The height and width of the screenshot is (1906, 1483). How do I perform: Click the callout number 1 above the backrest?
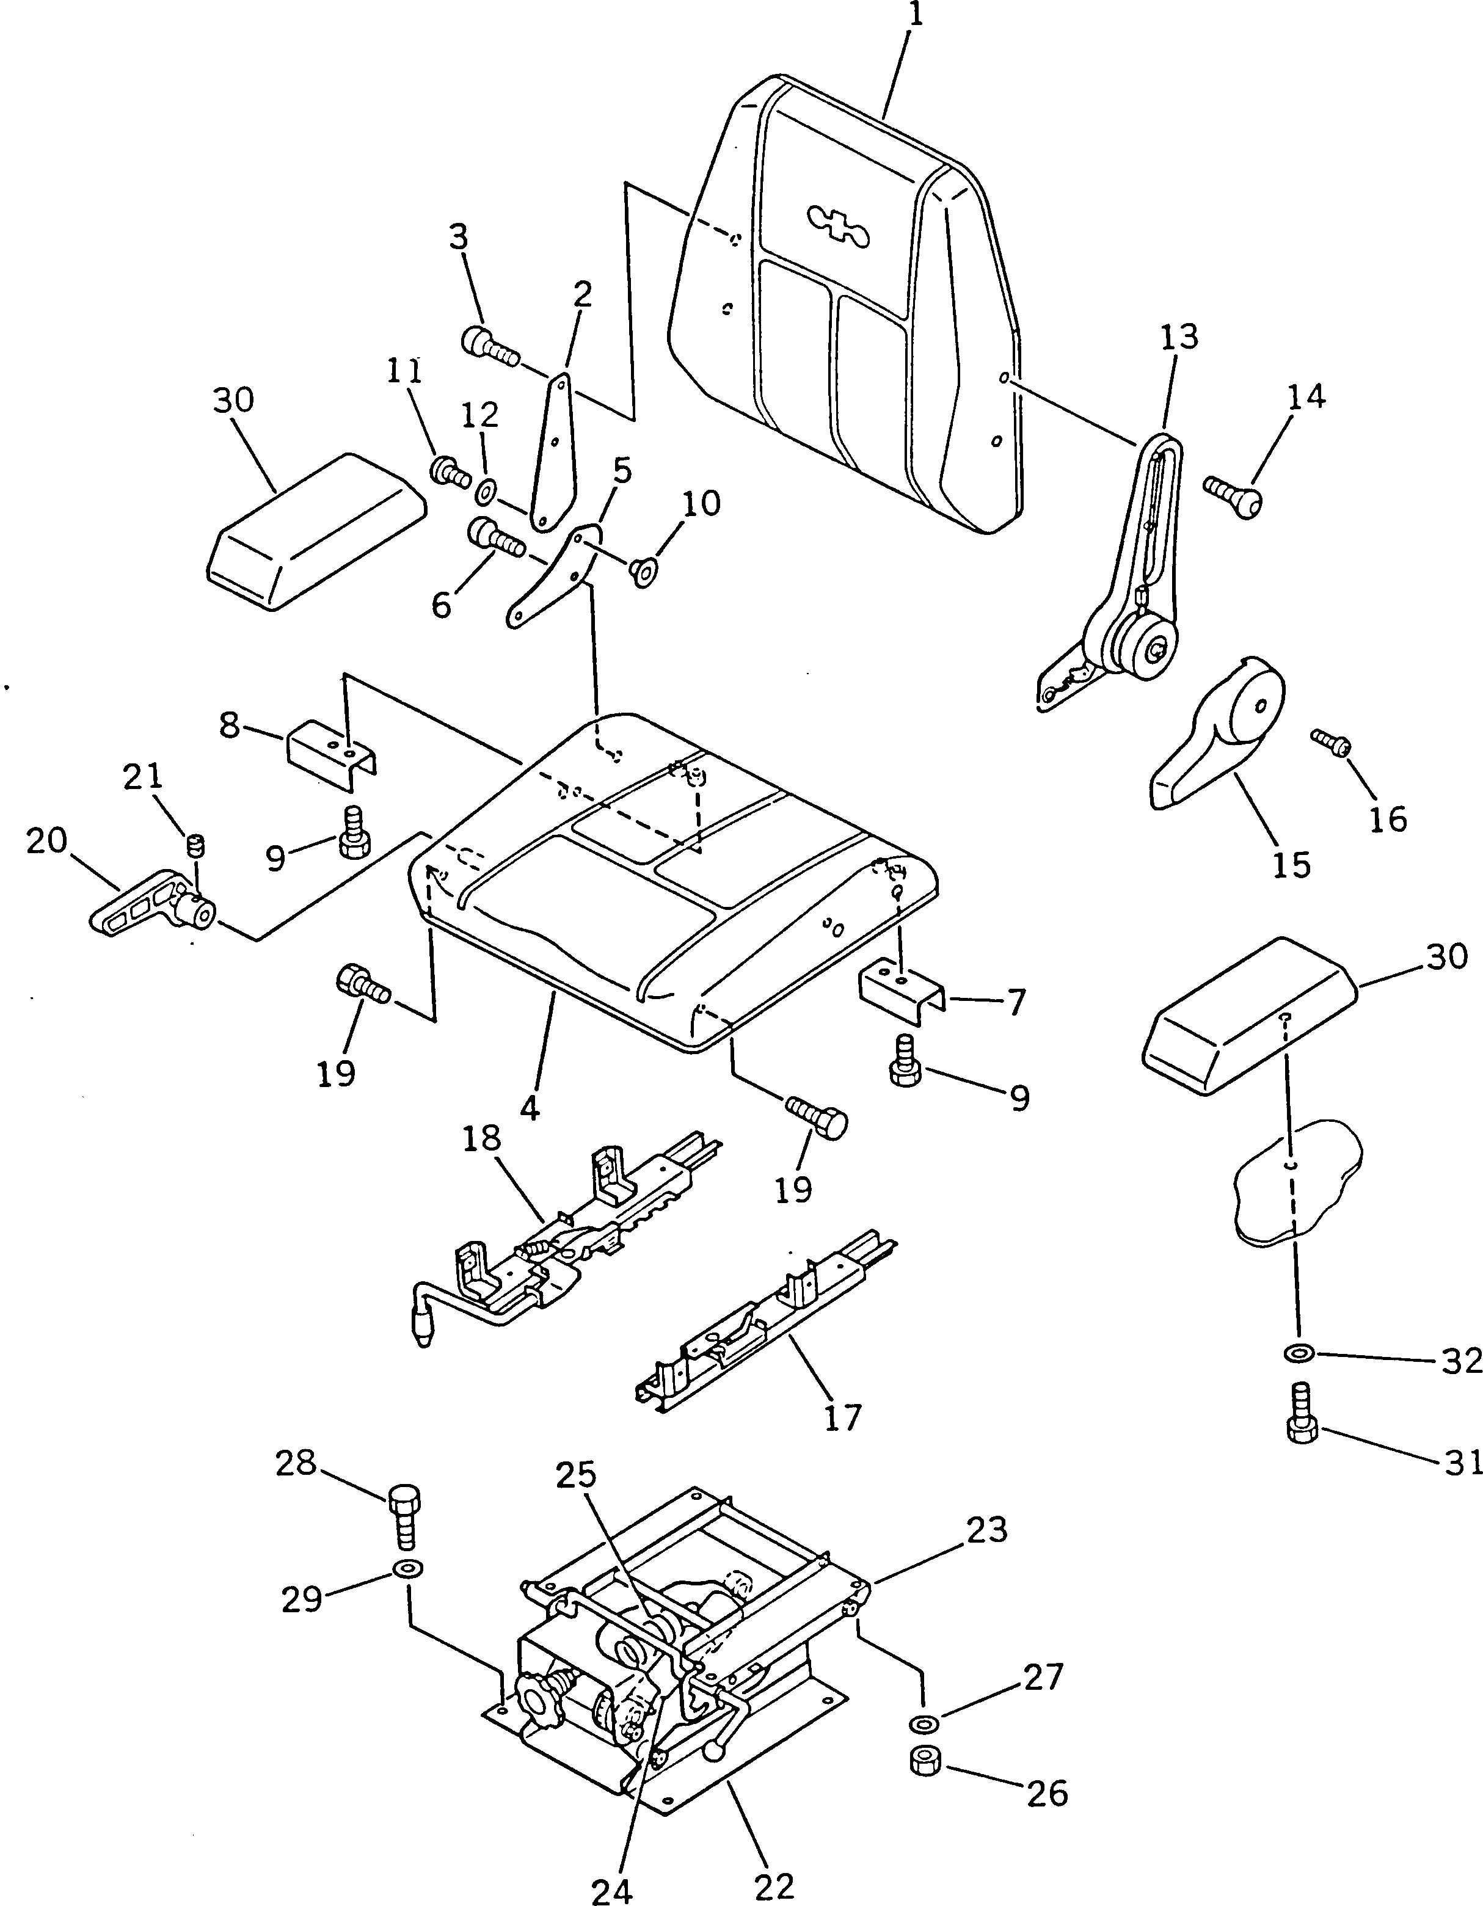pos(913,16)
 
